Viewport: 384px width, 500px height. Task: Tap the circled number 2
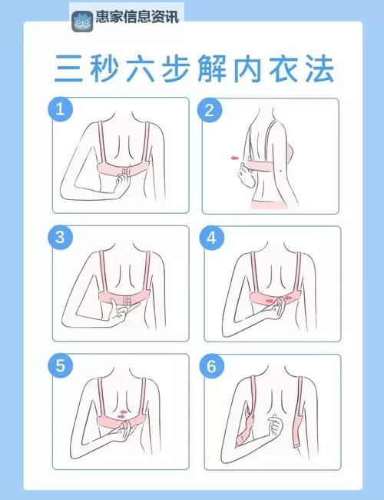tap(209, 110)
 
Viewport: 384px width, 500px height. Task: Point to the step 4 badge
tap(211, 237)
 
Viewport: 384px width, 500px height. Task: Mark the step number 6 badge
tap(211, 365)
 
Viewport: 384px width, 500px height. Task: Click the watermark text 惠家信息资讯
tap(137, 17)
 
